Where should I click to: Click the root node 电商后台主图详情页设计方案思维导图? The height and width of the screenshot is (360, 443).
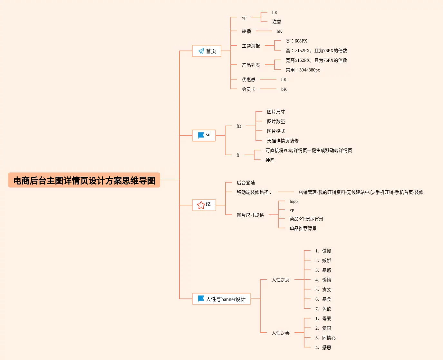pos(84,180)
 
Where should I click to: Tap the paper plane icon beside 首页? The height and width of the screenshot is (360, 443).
pos(201,51)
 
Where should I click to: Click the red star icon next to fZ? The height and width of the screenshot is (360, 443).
pos(201,205)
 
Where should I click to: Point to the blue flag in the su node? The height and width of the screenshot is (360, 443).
pos(201,135)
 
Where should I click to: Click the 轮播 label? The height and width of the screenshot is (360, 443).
pos(246,31)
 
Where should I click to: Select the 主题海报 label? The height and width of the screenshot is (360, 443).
pos(251,46)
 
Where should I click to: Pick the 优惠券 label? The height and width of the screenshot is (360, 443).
pos(249,80)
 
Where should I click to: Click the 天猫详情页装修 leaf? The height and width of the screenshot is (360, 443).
pos(283,141)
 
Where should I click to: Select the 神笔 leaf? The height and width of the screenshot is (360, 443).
pos(270,160)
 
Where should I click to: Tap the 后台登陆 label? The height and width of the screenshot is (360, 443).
pos(246,183)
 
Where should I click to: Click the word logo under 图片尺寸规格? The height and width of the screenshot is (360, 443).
pos(294,201)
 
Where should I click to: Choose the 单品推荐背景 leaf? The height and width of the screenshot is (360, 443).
pos(303,228)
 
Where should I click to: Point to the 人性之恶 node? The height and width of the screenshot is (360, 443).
pos(281,280)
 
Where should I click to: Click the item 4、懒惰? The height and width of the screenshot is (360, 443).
pos(323,280)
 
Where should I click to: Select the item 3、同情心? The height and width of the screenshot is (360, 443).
pos(325,338)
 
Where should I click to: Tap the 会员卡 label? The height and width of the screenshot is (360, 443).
pos(249,89)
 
